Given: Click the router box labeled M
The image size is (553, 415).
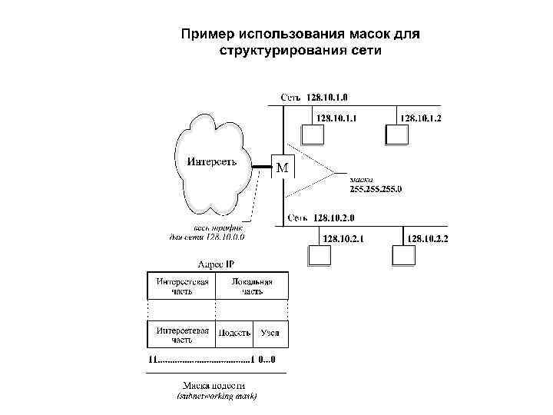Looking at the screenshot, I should [x=283, y=167].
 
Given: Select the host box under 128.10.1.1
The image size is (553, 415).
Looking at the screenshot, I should [x=312, y=133].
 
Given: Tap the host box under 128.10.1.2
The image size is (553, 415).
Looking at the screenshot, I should [x=396, y=133].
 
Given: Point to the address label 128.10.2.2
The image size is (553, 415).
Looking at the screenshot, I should [x=429, y=239].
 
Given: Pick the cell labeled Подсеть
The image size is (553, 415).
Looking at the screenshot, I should [x=234, y=334].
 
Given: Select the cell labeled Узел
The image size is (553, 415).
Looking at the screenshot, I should [x=270, y=334].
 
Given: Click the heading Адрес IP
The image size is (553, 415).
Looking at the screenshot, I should [x=217, y=264].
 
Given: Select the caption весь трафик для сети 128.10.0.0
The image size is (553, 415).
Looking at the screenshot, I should [x=207, y=232].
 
